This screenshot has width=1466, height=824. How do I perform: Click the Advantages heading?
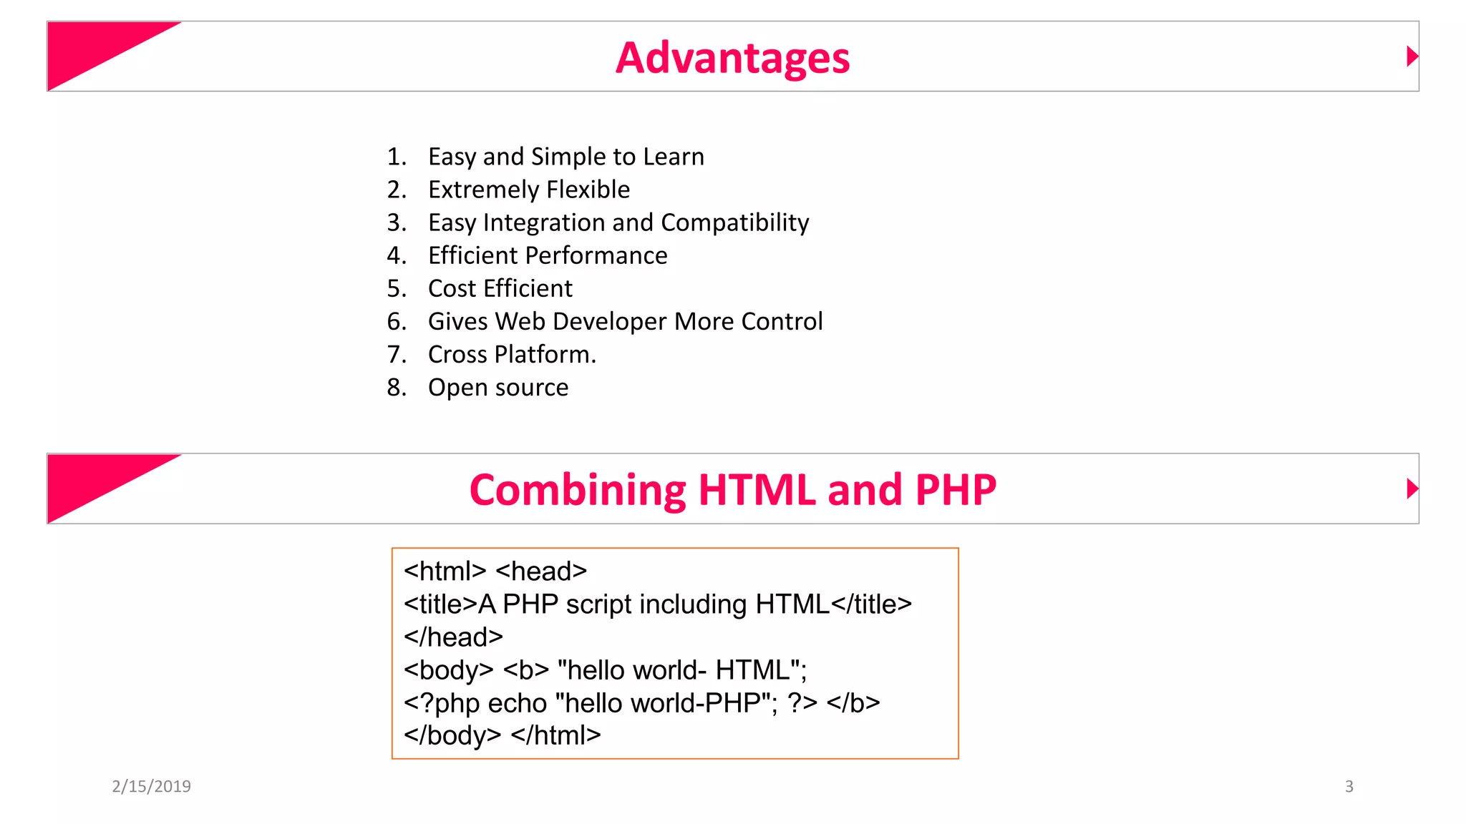(x=732, y=58)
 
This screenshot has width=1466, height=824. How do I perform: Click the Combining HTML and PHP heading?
(x=732, y=491)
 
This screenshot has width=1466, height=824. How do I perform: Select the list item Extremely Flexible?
(x=528, y=190)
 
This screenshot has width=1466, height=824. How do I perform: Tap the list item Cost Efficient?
(x=500, y=288)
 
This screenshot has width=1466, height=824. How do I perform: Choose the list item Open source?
(x=497, y=388)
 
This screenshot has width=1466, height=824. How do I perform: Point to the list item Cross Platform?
(x=511, y=355)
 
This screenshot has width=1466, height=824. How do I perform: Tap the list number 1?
(x=396, y=157)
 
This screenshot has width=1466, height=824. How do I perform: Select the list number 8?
(x=396, y=388)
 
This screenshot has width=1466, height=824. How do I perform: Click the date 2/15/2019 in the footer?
(x=151, y=787)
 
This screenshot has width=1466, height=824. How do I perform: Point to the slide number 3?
(x=1349, y=787)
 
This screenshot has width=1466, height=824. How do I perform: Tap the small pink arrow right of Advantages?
(x=1412, y=57)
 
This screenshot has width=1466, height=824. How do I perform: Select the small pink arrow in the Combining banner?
(x=1412, y=489)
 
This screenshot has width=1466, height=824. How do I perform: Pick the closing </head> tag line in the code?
(x=453, y=637)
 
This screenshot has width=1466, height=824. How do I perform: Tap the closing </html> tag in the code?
(x=555, y=735)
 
